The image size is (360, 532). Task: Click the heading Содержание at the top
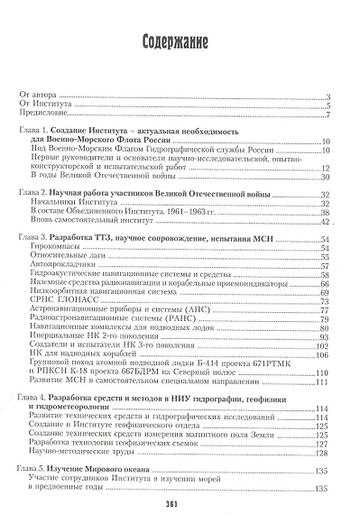[x=180, y=42]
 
